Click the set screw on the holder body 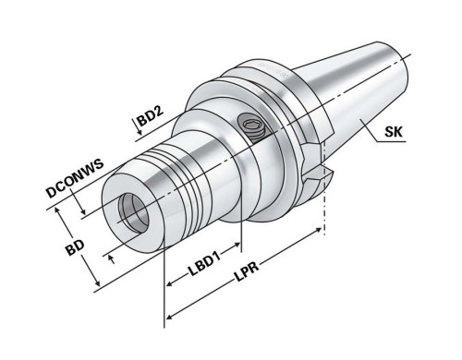251,125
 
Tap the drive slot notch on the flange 315,173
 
